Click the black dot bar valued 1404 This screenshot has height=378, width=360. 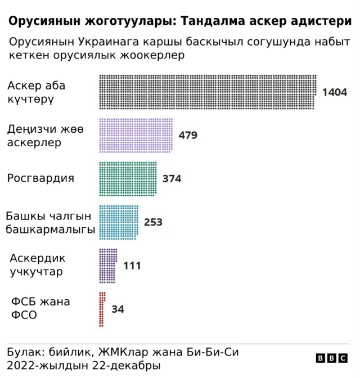[x=208, y=92]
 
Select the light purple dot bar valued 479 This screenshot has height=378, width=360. [x=136, y=135]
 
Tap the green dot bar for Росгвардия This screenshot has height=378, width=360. [x=128, y=178]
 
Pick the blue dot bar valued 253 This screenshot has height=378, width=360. [x=119, y=222]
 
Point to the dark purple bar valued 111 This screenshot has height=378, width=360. [x=108, y=265]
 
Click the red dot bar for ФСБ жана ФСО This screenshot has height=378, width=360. [x=102, y=309]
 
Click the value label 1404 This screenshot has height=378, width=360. [x=334, y=92]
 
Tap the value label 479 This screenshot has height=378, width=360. [x=188, y=136]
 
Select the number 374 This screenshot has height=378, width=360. [x=172, y=179]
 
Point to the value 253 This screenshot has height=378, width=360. [x=153, y=222]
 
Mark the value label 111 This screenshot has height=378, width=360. [x=132, y=265]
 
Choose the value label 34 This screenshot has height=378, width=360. [x=118, y=309]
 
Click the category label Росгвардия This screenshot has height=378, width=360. [x=40, y=178]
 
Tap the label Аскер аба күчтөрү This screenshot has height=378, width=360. [x=37, y=92]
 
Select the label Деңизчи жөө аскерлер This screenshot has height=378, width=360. [x=45, y=136]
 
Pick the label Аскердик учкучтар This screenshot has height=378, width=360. [x=38, y=265]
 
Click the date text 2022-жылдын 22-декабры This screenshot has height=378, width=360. [x=84, y=366]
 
